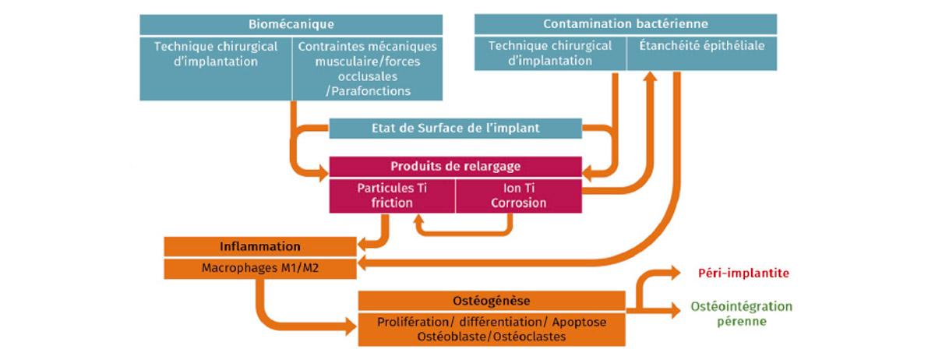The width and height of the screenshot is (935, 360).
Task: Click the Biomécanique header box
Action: click(x=291, y=25)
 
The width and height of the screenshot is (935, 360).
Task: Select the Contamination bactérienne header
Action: click(x=625, y=24)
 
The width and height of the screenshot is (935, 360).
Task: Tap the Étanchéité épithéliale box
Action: click(x=702, y=54)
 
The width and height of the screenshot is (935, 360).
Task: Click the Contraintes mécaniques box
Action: click(x=367, y=69)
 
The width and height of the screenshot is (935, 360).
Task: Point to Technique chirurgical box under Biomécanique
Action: click(x=215, y=69)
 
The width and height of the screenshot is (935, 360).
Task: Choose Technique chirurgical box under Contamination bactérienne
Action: click(x=550, y=54)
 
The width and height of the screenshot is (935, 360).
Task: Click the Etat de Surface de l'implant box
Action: click(x=455, y=129)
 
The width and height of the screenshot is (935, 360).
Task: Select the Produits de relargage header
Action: click(x=455, y=167)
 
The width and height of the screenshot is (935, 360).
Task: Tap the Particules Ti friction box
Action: click(x=392, y=196)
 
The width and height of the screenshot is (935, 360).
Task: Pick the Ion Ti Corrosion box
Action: click(x=519, y=196)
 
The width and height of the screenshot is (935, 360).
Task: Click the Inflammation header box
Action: click(x=260, y=246)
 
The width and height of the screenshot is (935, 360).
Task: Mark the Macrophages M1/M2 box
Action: click(x=260, y=269)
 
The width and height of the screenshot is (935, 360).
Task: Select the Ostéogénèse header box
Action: click(x=492, y=301)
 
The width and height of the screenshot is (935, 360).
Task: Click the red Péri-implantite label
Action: click(x=743, y=274)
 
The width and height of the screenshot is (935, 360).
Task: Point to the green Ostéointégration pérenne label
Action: click(x=742, y=314)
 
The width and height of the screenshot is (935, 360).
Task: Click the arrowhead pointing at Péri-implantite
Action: click(x=676, y=273)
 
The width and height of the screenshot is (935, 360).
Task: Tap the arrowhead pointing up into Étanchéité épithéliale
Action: click(x=650, y=76)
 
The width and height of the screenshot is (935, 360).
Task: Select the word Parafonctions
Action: click(x=368, y=91)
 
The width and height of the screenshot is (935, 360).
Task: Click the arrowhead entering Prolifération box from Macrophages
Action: click(x=351, y=326)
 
